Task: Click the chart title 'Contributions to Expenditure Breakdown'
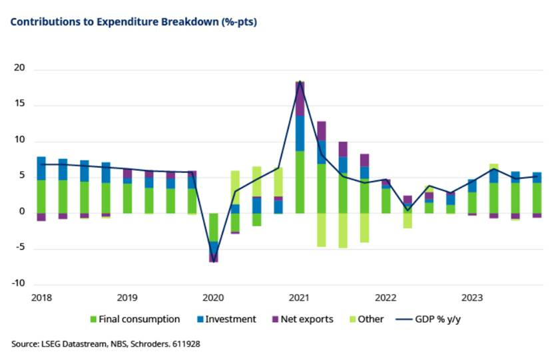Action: [x=133, y=22]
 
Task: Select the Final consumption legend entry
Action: [x=138, y=319]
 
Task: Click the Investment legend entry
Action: [x=227, y=319]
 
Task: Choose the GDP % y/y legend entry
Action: [x=436, y=319]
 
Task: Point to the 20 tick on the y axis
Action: [x=18, y=69]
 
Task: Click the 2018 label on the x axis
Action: [x=41, y=297]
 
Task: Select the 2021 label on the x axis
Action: [x=300, y=297]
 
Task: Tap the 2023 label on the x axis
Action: [x=472, y=297]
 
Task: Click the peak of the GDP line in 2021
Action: [x=300, y=82]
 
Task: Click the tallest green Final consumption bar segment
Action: [x=300, y=182]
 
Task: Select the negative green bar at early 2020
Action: [x=214, y=227]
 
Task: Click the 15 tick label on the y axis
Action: [x=18, y=105]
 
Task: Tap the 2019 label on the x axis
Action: [x=127, y=297]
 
